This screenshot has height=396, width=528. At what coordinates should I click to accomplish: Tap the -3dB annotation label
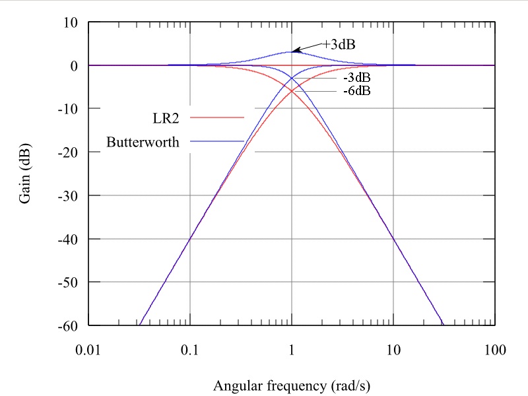[x=357, y=78]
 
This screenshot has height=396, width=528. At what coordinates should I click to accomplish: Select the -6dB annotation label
[x=357, y=90]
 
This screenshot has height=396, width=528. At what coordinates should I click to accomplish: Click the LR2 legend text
[x=166, y=117]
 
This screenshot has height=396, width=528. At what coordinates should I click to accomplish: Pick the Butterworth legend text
[x=143, y=142]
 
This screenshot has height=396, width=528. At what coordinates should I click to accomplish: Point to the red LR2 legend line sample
[x=217, y=117]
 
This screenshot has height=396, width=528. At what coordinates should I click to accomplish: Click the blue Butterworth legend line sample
[x=217, y=141]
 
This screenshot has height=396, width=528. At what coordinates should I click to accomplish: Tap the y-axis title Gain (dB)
[x=26, y=173]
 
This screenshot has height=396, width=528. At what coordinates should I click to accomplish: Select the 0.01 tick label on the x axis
[x=88, y=348]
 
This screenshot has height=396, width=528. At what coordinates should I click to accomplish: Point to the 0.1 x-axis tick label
[x=190, y=348]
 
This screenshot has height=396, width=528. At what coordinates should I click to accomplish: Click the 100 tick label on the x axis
[x=494, y=348]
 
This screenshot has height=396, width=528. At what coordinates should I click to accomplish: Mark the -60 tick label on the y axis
[x=68, y=325]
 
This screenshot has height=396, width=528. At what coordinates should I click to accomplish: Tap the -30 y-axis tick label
[x=68, y=195]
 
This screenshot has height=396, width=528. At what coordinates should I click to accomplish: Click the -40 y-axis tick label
[x=68, y=239]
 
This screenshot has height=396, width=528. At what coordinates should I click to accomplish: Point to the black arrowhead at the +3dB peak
[x=296, y=50]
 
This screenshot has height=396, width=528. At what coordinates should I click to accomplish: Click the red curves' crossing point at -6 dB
[x=292, y=91]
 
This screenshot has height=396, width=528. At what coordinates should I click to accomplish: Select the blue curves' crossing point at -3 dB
[x=292, y=78]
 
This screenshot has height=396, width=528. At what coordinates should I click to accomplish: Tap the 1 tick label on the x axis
[x=292, y=348]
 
